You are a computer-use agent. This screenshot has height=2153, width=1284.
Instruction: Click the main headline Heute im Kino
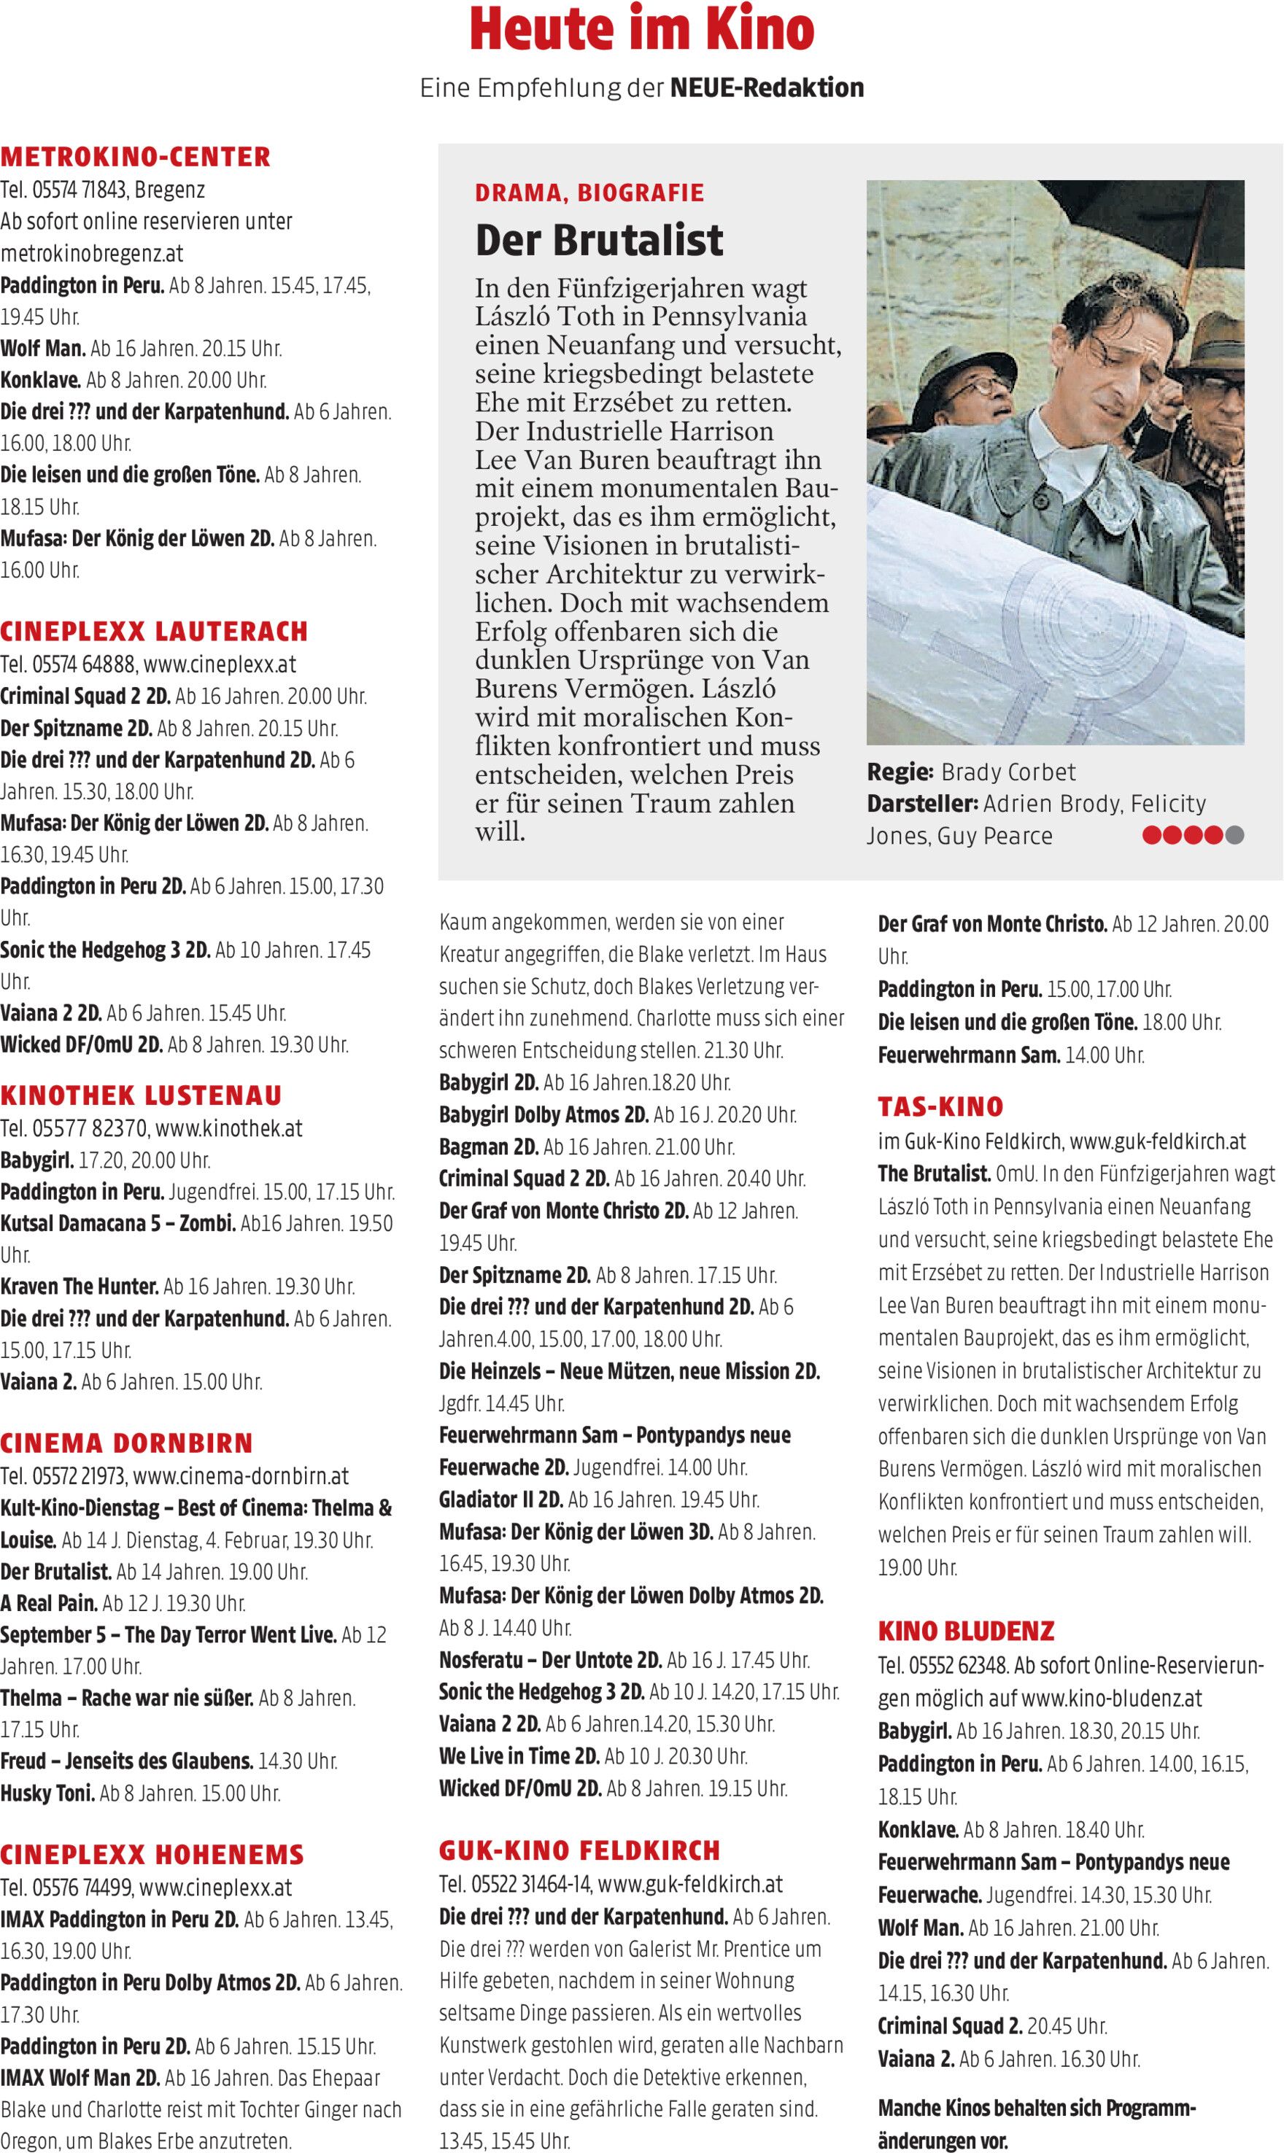pos(641,31)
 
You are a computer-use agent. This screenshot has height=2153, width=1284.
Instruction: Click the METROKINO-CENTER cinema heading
pos(136,158)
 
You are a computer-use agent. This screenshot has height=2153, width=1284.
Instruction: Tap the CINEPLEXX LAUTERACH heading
pos(154,632)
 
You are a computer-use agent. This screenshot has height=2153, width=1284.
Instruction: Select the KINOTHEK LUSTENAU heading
pos(141,1096)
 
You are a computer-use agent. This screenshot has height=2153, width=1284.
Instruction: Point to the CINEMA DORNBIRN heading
pos(126,1443)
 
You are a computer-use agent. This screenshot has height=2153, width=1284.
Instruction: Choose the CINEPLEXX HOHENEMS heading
pos(152,1855)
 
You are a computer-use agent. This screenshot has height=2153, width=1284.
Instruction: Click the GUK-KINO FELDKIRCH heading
pos(579,1850)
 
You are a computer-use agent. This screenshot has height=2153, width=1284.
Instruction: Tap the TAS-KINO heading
pos(940,1107)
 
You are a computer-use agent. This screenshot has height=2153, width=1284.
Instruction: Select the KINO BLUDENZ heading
pos(966,1632)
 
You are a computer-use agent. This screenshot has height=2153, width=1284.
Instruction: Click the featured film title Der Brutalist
pos(599,241)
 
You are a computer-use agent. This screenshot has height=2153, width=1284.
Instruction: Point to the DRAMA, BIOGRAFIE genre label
pos(589,193)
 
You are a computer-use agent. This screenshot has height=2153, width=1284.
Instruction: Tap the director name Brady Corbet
pos(1008,772)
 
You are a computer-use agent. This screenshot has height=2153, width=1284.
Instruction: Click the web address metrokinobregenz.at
pos(92,254)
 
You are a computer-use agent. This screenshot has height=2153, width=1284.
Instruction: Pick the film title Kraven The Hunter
pos(80,1287)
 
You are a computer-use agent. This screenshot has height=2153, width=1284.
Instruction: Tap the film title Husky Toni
pos(47,1793)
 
